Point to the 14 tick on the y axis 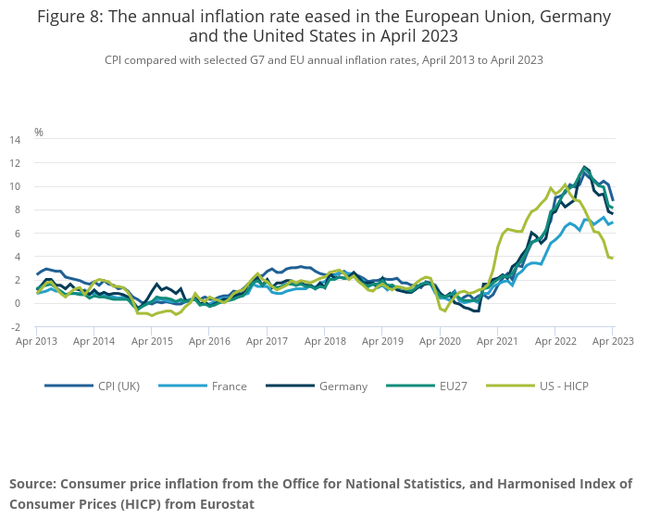pyautogui.click(x=15, y=140)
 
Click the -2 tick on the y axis pyautogui.click(x=16, y=327)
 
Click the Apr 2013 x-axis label pyautogui.click(x=37, y=341)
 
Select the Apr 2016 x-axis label pyautogui.click(x=210, y=341)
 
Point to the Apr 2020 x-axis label pyautogui.click(x=441, y=341)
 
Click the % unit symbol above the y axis pyautogui.click(x=39, y=133)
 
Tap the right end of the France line pyautogui.click(x=612, y=222)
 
